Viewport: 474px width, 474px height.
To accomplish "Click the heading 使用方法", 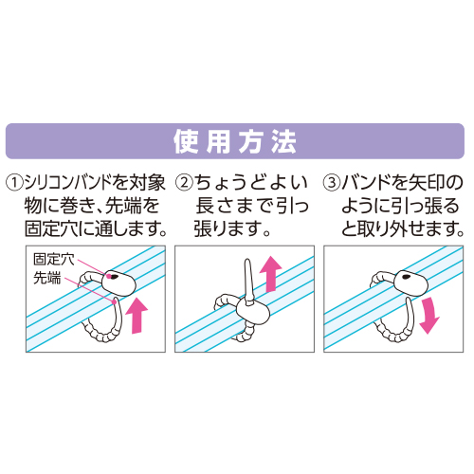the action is [235, 142].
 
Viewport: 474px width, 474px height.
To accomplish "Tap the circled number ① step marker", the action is [14, 183].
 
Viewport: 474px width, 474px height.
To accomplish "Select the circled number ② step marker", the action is [184, 183].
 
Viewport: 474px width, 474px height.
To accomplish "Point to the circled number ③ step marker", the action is [332, 183].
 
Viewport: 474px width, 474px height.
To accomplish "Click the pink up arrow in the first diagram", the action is [137, 315].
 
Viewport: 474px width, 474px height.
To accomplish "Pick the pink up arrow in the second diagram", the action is [270, 274].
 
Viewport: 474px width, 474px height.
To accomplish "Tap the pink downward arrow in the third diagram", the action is [428, 315].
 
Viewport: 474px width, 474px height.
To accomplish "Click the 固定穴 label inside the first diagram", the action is [54, 260].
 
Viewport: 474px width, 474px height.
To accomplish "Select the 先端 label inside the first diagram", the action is [47, 278].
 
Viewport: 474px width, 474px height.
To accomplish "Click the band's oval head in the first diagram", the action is [118, 283].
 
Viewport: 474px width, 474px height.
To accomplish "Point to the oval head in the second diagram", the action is [253, 311].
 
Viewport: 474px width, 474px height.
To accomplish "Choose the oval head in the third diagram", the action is [411, 283].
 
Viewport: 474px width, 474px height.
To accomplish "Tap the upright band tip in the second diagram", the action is [248, 282].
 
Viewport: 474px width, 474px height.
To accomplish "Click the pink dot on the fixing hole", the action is [108, 276].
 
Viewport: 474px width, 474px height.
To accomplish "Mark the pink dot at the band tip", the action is [114, 301].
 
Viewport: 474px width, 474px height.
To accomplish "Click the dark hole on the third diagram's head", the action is [406, 277].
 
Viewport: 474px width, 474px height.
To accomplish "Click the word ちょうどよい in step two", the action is [251, 183].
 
